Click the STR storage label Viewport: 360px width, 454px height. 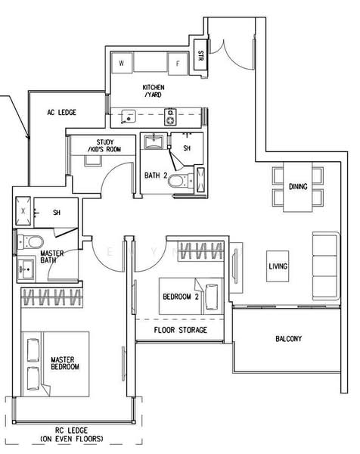pyautogui.click(x=200, y=55)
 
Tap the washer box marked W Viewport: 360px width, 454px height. pyautogui.click(x=122, y=63)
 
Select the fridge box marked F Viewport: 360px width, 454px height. pyautogui.click(x=178, y=63)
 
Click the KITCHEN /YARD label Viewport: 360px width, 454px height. pyautogui.click(x=154, y=91)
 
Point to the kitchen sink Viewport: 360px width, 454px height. pyautogui.click(x=129, y=117)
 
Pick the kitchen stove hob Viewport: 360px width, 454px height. pyautogui.click(x=170, y=117)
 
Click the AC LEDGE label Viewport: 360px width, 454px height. pyautogui.click(x=62, y=112)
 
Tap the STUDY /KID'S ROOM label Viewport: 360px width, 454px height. pyautogui.click(x=105, y=145)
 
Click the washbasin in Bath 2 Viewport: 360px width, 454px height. pyautogui.click(x=154, y=141)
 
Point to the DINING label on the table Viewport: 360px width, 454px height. pyautogui.click(x=298, y=186)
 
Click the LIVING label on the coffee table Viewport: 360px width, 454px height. pyautogui.click(x=278, y=266)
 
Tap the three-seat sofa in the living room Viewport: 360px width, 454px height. pyautogui.click(x=326, y=266)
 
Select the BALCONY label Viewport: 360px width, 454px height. pyautogui.click(x=288, y=338)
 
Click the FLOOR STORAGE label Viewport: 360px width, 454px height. pyautogui.click(x=180, y=330)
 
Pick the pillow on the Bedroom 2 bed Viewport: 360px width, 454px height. pyautogui.click(x=212, y=297)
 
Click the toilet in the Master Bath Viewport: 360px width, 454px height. pyautogui.click(x=30, y=242)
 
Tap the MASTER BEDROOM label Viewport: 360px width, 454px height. pyautogui.click(x=65, y=363)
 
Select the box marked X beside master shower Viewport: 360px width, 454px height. pyautogui.click(x=23, y=211)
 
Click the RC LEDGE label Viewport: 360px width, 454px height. pyautogui.click(x=72, y=434)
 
